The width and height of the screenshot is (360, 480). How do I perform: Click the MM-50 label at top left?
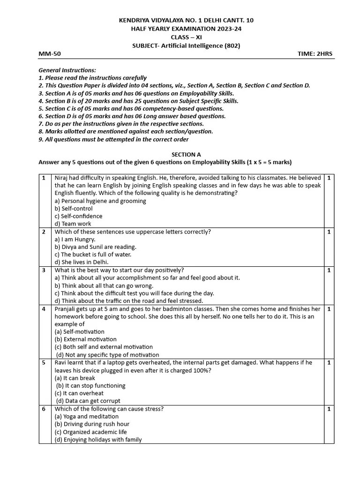click(50, 54)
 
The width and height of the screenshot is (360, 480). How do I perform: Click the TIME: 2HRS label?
click(315, 54)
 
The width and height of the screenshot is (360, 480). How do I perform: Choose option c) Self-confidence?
click(78, 216)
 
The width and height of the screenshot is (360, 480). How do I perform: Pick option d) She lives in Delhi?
click(81, 262)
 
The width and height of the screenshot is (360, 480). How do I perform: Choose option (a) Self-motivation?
click(80, 331)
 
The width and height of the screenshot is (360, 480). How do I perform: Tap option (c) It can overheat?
click(79, 393)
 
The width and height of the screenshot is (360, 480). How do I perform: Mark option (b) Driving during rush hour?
click(92, 424)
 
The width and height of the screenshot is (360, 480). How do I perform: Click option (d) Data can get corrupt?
click(88, 401)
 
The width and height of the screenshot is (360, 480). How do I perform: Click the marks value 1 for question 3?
click(329, 270)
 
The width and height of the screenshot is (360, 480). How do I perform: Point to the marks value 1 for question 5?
click(329, 363)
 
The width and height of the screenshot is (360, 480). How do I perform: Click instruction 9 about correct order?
click(113, 139)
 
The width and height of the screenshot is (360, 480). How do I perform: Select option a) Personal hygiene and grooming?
click(100, 201)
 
